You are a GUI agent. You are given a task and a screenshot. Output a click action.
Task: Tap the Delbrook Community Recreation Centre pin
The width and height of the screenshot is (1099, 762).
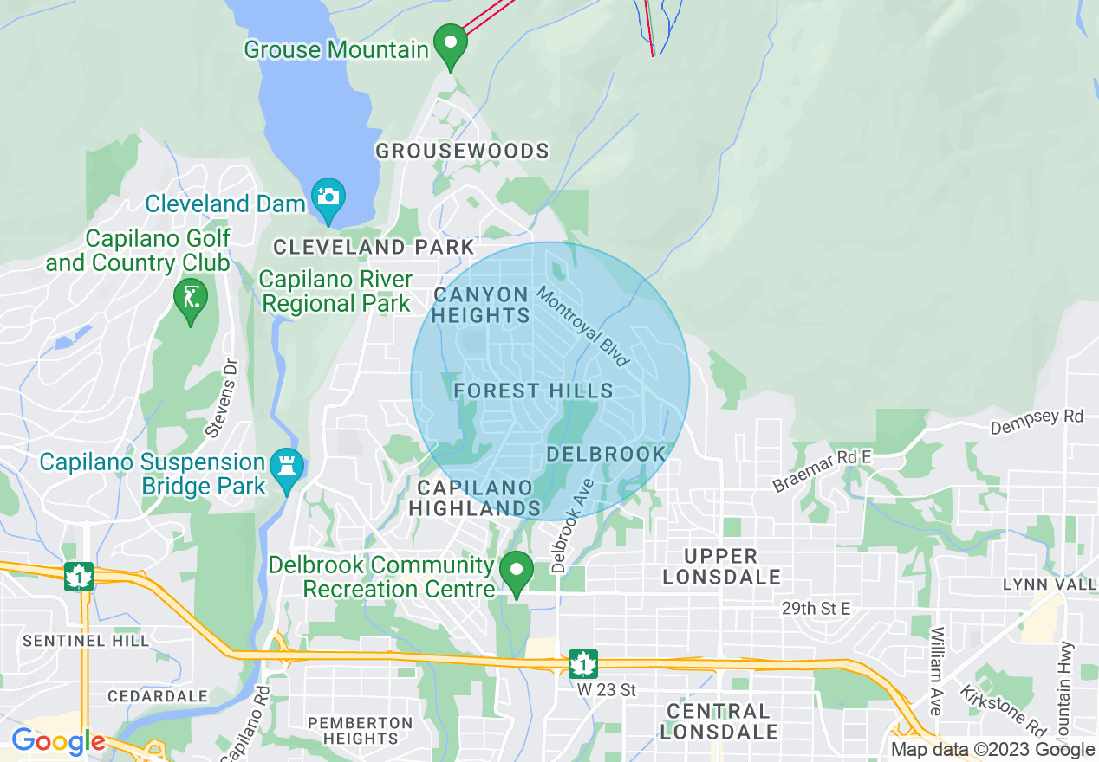coord(517,571)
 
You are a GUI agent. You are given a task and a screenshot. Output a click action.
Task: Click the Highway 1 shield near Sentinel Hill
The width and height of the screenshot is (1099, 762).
coord(79,576)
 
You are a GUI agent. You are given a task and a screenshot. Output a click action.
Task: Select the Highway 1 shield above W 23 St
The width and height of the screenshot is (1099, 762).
coord(583,664)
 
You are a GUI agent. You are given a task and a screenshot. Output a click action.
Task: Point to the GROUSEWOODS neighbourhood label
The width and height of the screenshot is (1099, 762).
coord(462,152)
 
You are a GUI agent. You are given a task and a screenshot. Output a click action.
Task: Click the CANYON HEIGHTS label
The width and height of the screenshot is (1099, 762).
coord(481,306)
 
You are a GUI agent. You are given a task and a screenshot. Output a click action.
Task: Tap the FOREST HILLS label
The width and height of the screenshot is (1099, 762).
coord(533,391)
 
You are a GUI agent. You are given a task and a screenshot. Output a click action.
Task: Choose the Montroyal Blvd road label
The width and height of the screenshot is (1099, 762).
coord(583,326)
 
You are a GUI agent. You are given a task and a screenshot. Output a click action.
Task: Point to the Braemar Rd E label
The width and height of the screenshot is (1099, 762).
coord(822,470)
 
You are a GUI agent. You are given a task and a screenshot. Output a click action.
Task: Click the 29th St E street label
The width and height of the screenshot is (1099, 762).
coord(815,609)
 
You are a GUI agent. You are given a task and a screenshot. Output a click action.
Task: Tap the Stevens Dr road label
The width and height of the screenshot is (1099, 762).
coord(221,398)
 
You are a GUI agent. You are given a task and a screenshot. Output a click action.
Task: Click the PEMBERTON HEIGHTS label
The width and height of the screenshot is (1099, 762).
coord(361,731)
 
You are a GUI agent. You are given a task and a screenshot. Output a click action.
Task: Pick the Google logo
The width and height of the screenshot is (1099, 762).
coord(57,742)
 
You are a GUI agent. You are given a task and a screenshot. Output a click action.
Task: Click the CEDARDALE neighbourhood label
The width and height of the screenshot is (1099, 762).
coord(158,696)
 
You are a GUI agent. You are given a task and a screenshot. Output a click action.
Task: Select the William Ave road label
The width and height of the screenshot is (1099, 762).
coord(936,672)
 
